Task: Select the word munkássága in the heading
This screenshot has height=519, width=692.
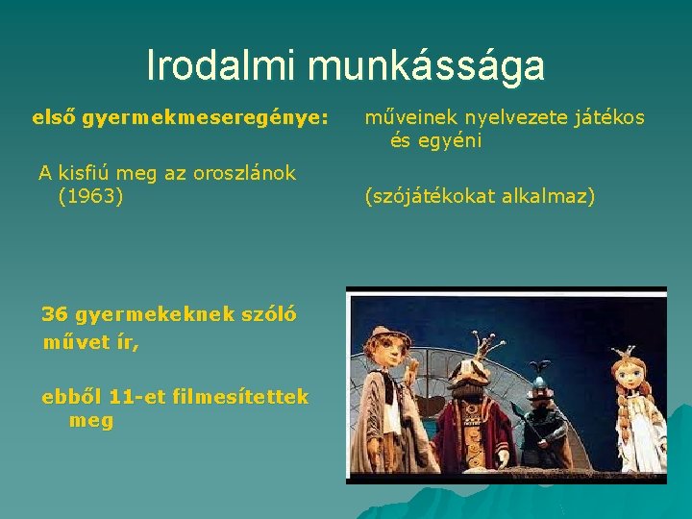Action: [426, 65]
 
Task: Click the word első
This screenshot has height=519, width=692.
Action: [54, 118]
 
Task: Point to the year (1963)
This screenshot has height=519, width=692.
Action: [90, 197]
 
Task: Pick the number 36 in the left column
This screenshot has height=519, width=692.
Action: [54, 314]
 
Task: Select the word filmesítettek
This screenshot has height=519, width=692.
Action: [240, 397]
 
